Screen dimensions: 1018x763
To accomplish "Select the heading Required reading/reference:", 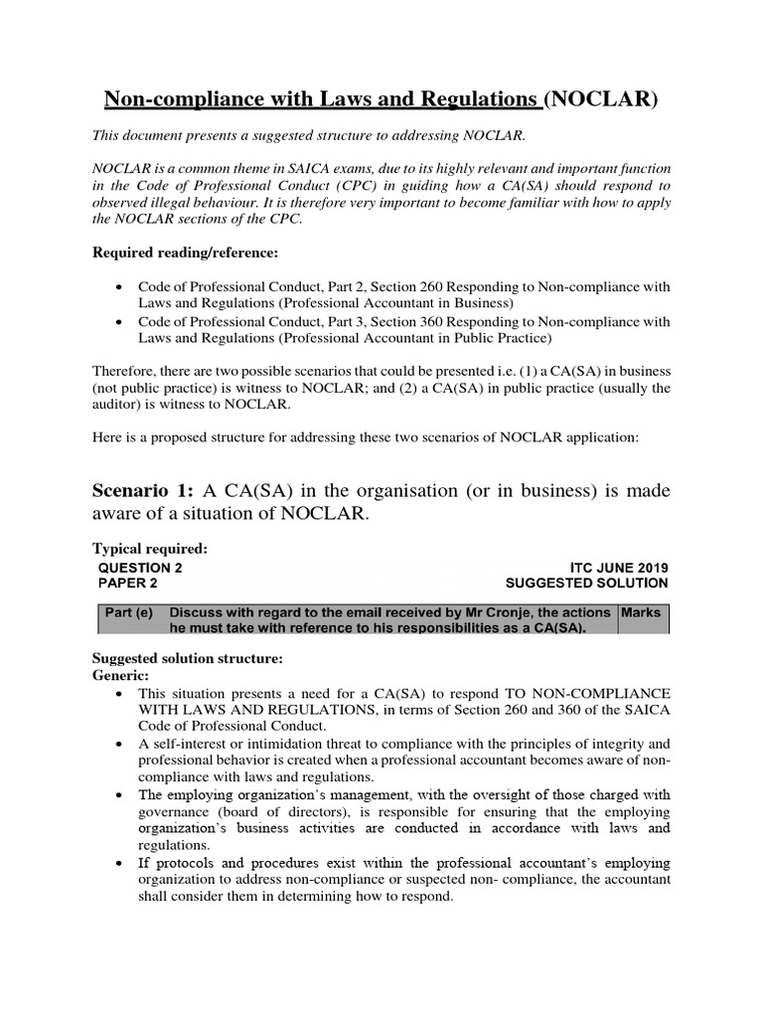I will pyautogui.click(x=180, y=254).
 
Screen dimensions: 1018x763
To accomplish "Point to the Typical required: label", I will pyautogui.click(x=150, y=548).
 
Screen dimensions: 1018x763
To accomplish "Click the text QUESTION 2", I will pyautogui.click(x=140, y=568).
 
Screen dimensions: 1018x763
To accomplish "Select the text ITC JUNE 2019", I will pyautogui.click(x=620, y=568).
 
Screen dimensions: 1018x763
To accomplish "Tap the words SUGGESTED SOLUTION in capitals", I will pyautogui.click(x=586, y=584).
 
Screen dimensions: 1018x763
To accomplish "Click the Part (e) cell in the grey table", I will pyautogui.click(x=129, y=612).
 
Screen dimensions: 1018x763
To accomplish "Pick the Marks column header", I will pyautogui.click(x=642, y=612).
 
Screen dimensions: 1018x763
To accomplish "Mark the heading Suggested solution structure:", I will pyautogui.click(x=188, y=658).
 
